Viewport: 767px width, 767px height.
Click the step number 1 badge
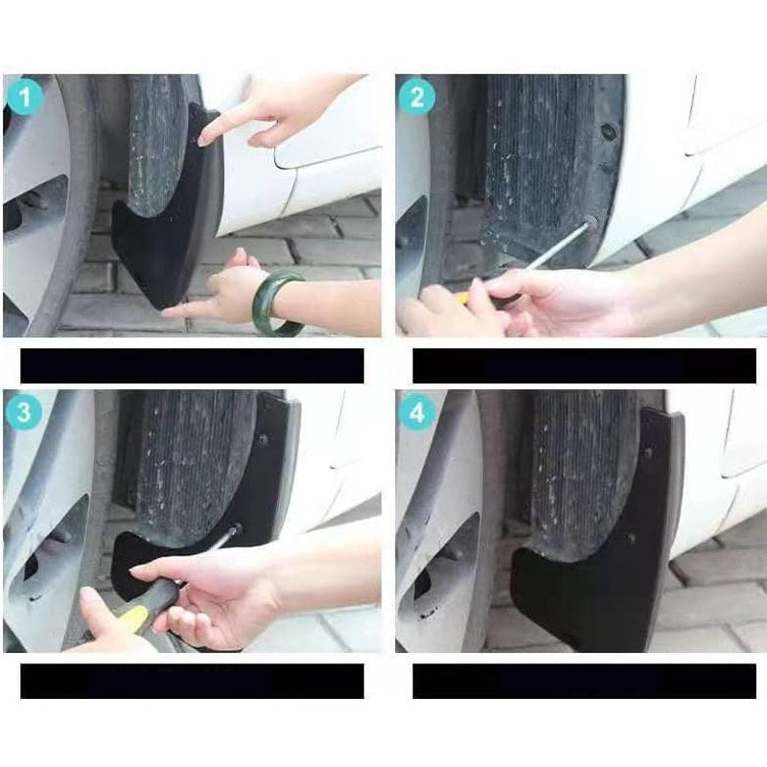pos(25,97)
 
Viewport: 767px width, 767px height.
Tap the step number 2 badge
pos(417,97)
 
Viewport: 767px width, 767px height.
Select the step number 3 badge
pos(24,411)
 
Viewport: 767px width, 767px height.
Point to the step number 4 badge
pos(417,412)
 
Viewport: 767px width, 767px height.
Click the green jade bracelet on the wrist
pos(276,303)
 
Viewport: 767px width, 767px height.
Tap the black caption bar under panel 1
pos(193,365)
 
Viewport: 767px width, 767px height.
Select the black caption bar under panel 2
pos(585,365)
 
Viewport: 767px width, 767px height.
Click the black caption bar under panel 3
pos(193,681)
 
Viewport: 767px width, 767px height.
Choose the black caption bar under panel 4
pos(585,681)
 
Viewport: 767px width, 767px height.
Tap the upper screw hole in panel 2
pos(609,130)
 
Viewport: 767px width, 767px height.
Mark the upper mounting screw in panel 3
pos(264,439)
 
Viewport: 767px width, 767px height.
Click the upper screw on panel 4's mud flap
pos(648,453)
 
